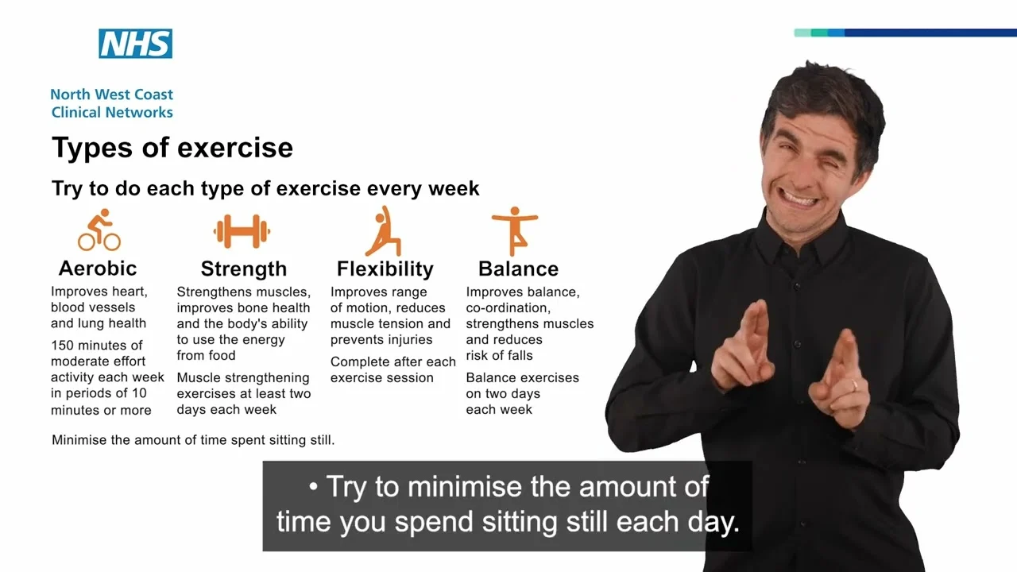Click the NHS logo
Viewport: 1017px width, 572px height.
(135, 44)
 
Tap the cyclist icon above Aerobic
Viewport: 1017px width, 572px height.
(99, 230)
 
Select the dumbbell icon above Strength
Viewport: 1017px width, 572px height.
(242, 231)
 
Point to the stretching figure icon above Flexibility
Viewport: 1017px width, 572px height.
(384, 231)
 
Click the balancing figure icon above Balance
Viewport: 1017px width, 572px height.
(515, 231)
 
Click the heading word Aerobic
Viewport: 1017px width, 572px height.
(98, 269)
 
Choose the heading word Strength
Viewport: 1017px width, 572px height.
(244, 269)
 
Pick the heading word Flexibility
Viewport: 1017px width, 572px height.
(385, 269)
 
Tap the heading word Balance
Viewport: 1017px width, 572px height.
(518, 269)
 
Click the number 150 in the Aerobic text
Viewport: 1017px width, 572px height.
(62, 346)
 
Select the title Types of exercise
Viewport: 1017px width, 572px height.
(172, 148)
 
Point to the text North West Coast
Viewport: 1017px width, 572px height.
(112, 95)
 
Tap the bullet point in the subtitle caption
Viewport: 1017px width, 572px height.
(313, 487)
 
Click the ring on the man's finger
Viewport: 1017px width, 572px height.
(854, 385)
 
